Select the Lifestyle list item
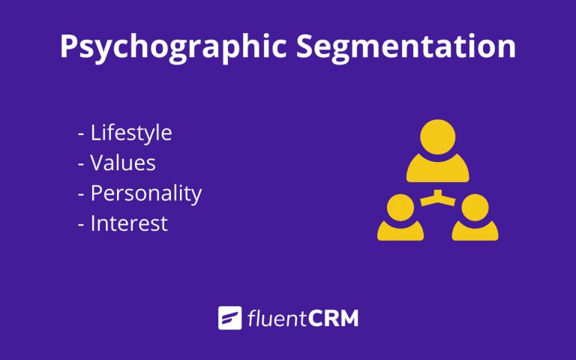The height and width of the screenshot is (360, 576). [x=131, y=133]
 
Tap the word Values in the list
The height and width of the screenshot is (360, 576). [x=123, y=163]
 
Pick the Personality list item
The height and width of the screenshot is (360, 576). [x=145, y=193]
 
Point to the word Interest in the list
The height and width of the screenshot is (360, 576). [x=129, y=223]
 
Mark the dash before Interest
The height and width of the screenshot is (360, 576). [x=80, y=224]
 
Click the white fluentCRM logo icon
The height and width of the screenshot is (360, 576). [x=229, y=318]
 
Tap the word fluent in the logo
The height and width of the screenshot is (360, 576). [x=274, y=319]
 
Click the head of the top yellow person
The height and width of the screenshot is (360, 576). [x=437, y=137]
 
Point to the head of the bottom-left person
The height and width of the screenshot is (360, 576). [x=398, y=207]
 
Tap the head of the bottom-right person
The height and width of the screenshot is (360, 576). [x=475, y=207]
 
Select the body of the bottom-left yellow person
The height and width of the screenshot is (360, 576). [x=398, y=230]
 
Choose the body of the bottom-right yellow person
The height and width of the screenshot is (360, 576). [x=475, y=230]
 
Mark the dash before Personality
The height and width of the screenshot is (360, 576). [x=80, y=194]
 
